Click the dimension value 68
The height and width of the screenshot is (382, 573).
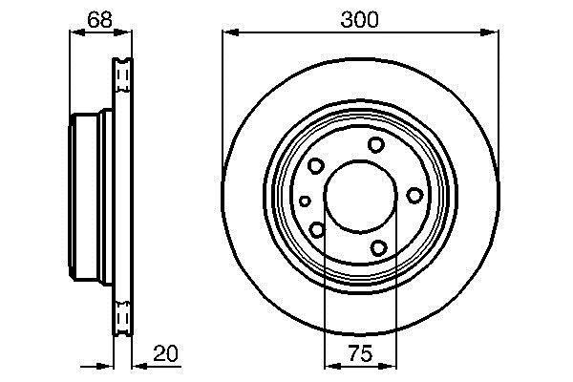pos(99,20)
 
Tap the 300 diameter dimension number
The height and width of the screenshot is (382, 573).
pos(360,20)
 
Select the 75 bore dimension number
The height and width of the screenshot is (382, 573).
pos(361,353)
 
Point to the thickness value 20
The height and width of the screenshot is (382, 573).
pos(165,353)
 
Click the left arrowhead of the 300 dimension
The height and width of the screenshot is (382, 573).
pos(230,32)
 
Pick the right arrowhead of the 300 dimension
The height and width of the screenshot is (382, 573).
pos(490,32)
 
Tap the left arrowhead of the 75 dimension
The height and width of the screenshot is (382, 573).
pos(332,366)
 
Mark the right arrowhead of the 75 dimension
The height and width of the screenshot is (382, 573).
pos(388,366)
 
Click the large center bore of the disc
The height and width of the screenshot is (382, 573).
pos(360,197)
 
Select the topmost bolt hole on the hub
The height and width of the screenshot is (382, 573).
pos(376,145)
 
